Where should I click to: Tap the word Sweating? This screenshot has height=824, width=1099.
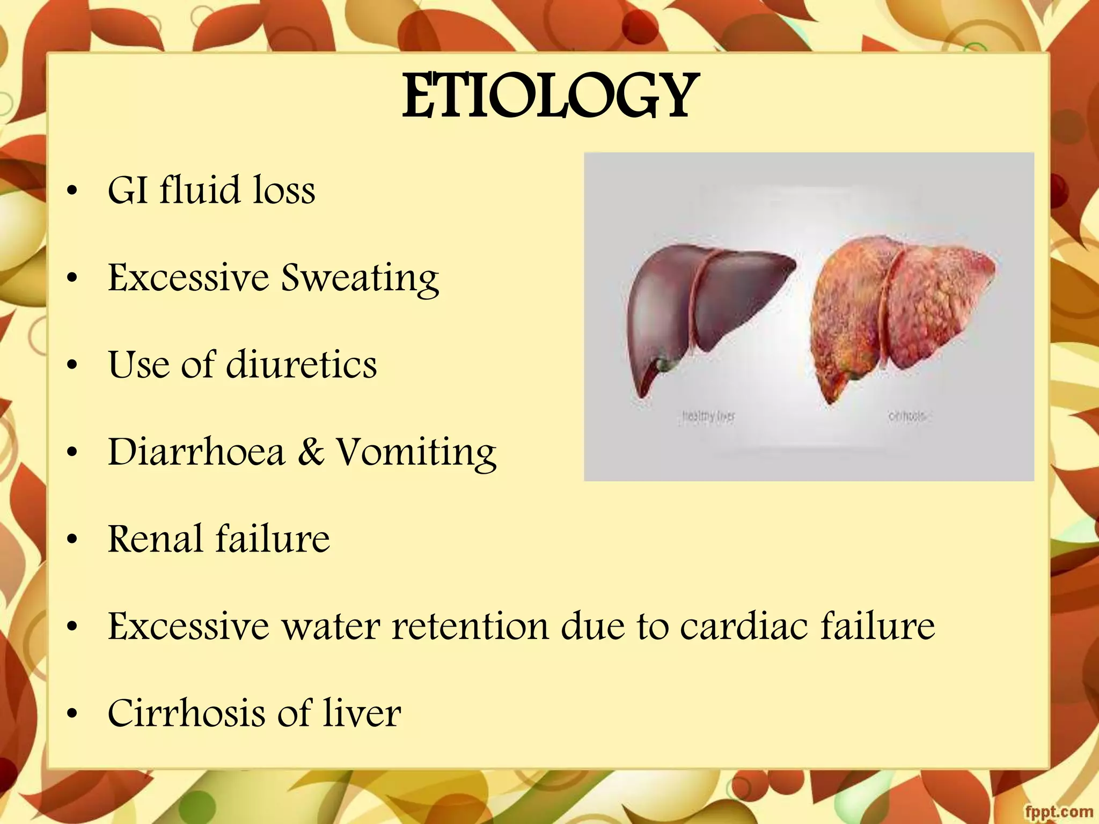360,278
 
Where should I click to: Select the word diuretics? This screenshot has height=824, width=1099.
302,365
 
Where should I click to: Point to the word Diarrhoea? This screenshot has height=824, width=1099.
196,452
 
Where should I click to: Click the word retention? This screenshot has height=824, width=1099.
471,626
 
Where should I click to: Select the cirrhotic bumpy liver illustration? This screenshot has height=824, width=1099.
902,311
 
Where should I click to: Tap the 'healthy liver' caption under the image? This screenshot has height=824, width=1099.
708,416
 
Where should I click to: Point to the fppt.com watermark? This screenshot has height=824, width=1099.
1058,811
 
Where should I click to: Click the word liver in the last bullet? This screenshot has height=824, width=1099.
362,713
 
